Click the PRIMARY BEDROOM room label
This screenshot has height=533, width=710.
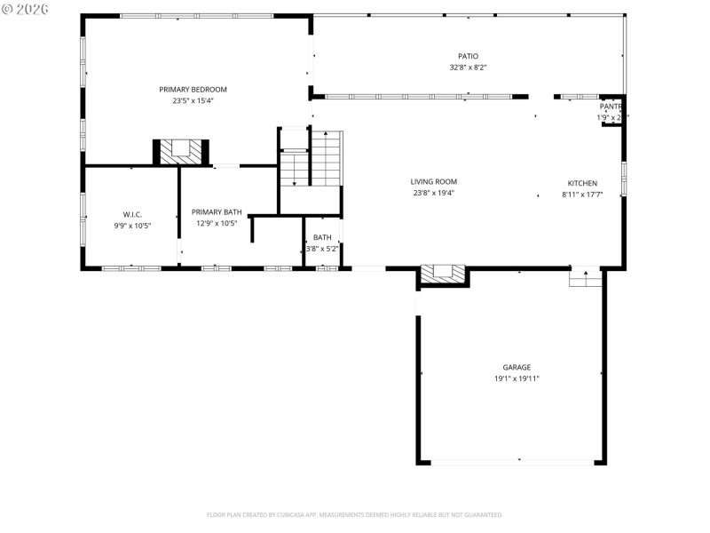pos(193,89)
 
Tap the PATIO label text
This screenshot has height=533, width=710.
pos(468,56)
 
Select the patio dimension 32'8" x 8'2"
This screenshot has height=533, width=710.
pos(468,68)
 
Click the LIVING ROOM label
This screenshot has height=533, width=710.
pos(434,181)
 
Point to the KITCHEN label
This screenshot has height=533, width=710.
pos(582,183)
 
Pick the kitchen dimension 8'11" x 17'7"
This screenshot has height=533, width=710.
pos(582,194)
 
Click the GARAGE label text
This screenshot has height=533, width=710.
pos(517,367)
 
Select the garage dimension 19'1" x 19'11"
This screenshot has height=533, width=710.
pos(517,378)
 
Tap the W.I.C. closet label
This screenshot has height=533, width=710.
pos(132,214)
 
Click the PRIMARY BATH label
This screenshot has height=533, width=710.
pos(217,211)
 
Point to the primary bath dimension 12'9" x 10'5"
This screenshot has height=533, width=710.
pos(217,223)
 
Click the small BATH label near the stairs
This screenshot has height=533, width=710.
pos(322,237)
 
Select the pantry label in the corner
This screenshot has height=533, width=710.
pos(611,106)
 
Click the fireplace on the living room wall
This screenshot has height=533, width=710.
pos(443,275)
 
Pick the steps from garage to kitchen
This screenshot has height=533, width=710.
pos(585,279)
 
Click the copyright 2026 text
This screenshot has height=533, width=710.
pos(26,8)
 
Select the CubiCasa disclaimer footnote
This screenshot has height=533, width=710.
pos(354,514)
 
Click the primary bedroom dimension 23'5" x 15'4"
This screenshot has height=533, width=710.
pos(193,100)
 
